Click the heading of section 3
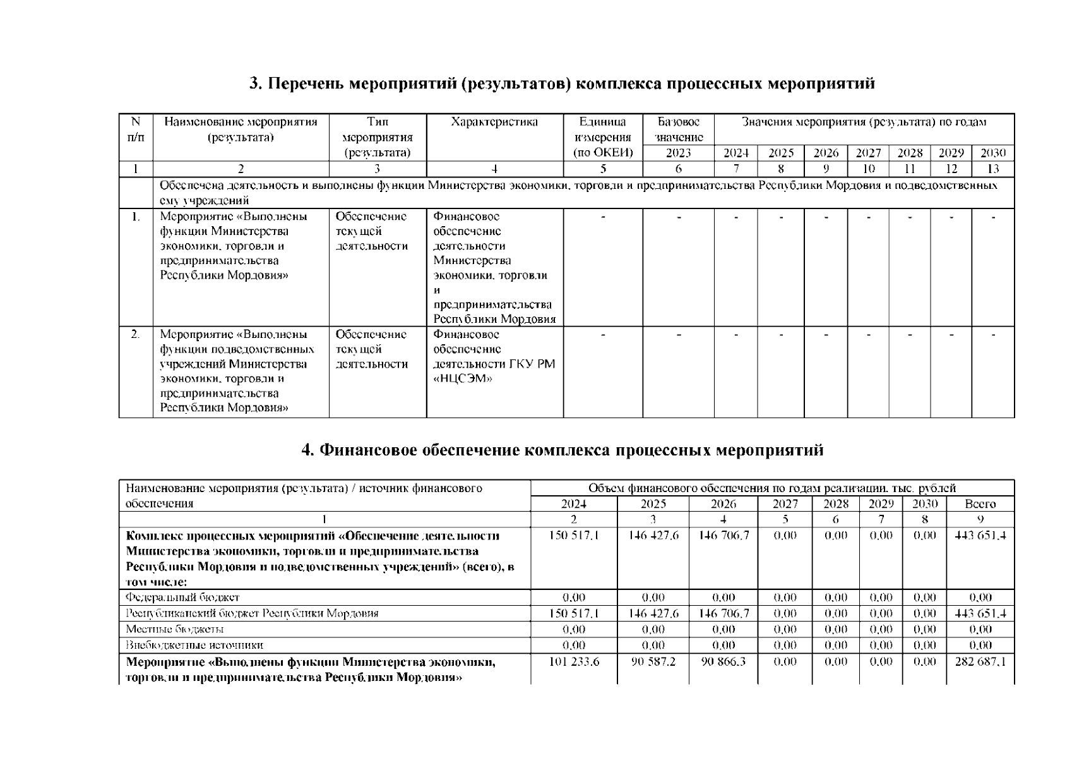[562, 84]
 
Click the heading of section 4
[562, 450]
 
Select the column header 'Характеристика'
[494, 123]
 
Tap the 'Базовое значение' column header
[679, 129]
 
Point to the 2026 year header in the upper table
[826, 153]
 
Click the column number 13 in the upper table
[992, 169]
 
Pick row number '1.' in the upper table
[136, 217]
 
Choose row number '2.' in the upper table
[136, 334]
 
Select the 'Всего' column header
[980, 504]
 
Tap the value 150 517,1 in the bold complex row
[573, 536]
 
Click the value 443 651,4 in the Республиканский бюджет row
[980, 613]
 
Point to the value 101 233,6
[573, 662]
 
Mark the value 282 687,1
[980, 662]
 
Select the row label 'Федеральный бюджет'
[182, 598]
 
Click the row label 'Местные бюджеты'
[174, 629]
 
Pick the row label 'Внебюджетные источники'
[194, 646]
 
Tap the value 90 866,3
[723, 662]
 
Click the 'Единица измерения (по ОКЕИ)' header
[603, 138]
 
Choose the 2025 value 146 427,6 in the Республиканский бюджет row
[653, 613]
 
